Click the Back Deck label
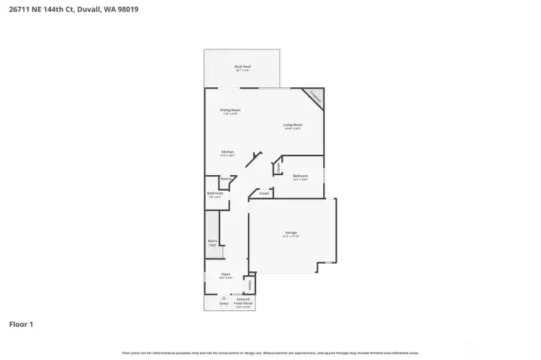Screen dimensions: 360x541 [x=242, y=67]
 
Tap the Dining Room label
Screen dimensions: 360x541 [x=230, y=110]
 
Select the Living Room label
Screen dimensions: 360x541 [x=292, y=125]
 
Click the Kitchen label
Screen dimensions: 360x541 [x=227, y=152]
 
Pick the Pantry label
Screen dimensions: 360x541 [x=225, y=179]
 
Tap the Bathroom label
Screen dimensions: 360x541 [x=215, y=193]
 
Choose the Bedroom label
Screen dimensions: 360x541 [x=301, y=176]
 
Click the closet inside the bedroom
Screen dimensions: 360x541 [x=279, y=169]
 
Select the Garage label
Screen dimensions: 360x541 [x=292, y=233]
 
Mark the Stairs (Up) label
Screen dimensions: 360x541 [x=213, y=242]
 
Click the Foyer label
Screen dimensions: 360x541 [x=225, y=274]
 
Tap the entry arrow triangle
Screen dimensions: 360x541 [x=223, y=298]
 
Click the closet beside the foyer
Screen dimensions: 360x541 [x=251, y=285]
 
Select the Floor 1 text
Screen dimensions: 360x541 [x=21, y=325]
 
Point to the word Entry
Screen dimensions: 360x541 [x=222, y=304]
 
